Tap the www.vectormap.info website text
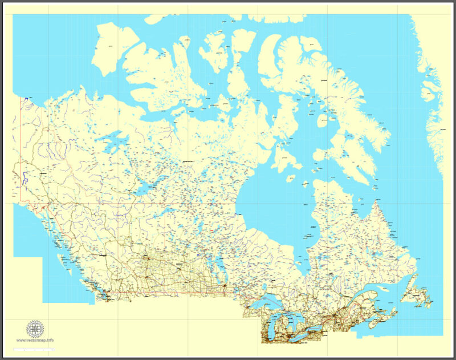[35, 341]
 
